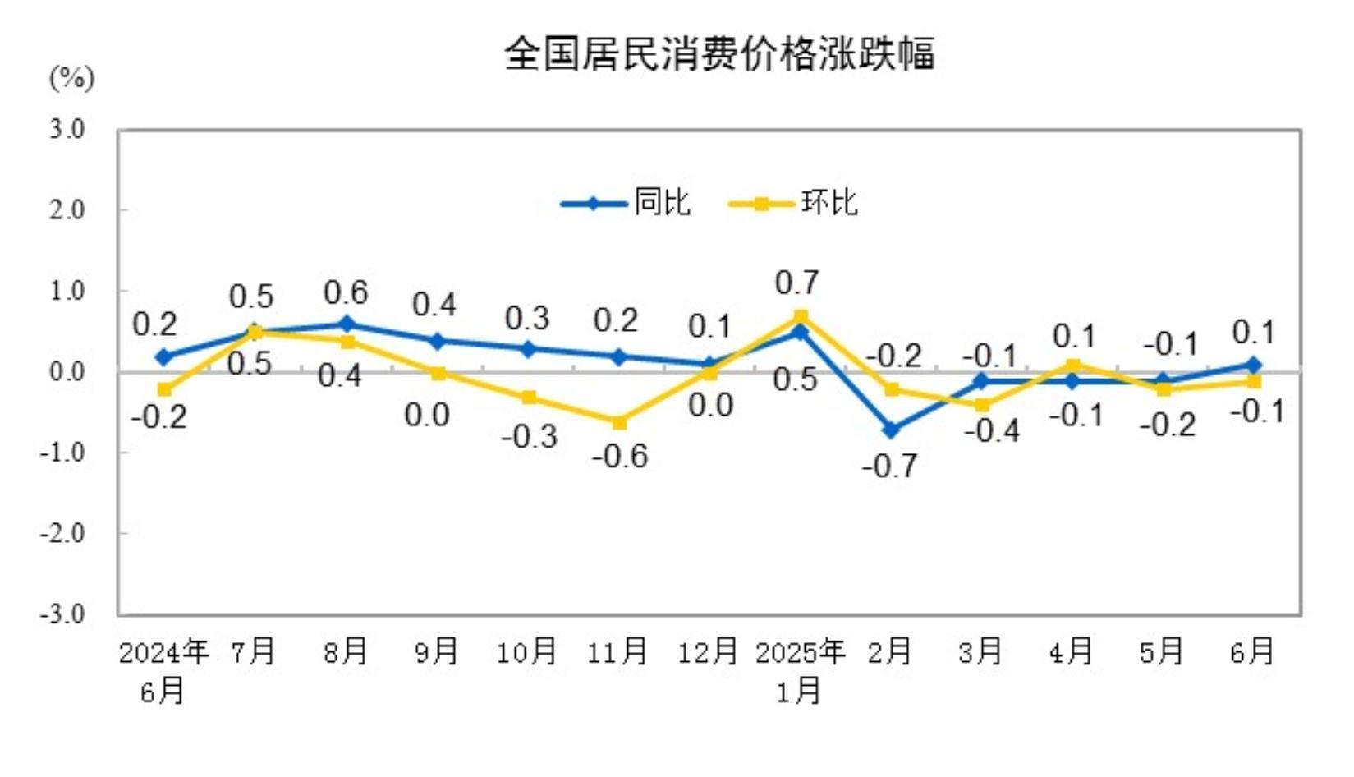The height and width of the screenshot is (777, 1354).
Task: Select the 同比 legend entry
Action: coord(626,203)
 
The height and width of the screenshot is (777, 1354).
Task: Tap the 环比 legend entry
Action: coord(793,203)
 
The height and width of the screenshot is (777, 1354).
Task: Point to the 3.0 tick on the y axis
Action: coord(67,129)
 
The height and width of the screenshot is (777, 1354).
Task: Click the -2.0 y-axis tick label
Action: coord(62,534)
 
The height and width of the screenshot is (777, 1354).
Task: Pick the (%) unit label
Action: coord(72,79)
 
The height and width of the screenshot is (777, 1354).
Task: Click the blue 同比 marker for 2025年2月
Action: coord(891,430)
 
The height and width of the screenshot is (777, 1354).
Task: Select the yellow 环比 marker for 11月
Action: coord(619,422)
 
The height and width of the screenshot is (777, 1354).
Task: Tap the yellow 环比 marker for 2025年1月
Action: coord(801,316)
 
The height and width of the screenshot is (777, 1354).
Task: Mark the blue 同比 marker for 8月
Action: coord(347,324)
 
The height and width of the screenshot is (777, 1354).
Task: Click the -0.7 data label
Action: coord(889,467)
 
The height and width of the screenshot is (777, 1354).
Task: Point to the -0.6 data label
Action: coord(620,456)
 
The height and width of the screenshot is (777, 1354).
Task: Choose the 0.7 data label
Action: coord(796,283)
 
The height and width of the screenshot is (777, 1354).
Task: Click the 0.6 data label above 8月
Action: coord(346,292)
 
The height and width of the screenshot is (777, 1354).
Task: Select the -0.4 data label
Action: coord(991,430)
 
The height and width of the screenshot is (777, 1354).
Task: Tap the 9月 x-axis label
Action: coord(436,652)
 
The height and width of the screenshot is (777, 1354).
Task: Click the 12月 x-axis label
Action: coord(707,652)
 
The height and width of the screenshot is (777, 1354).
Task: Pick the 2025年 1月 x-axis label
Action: coord(800,670)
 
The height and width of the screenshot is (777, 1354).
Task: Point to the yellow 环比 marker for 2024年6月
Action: coord(165,389)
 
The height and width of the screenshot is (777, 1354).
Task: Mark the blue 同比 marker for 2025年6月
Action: coord(1254,365)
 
